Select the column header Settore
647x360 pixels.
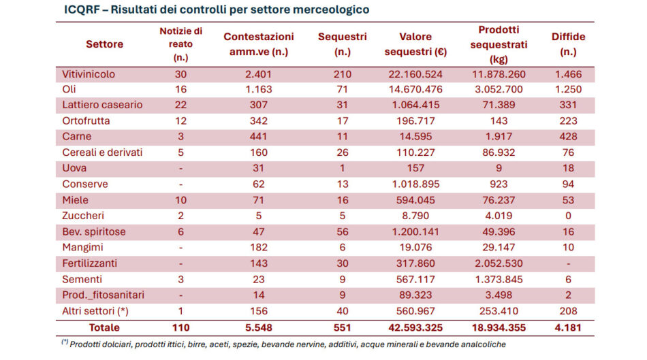coord(105,44)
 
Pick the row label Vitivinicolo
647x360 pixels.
coord(89,73)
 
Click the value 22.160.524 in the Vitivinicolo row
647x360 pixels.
coord(413,73)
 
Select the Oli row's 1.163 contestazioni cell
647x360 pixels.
coord(259,89)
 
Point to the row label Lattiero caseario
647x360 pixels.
coord(102,105)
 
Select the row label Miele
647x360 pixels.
coord(76,200)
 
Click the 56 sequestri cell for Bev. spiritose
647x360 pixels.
coord(343,231)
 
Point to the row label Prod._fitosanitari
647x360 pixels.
coord(104,295)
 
